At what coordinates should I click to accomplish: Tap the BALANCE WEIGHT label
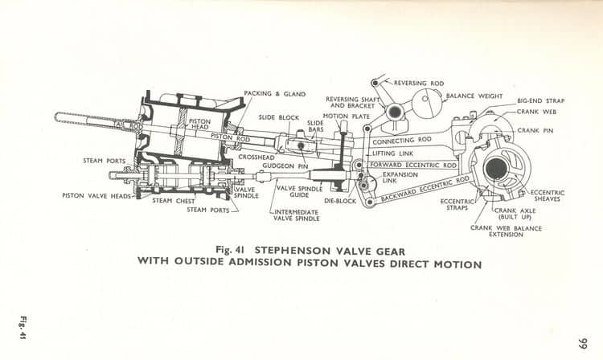click(474, 96)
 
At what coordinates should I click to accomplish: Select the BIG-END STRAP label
click(540, 101)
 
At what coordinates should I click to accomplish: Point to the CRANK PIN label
click(539, 130)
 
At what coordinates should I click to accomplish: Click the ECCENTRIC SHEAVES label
click(547, 195)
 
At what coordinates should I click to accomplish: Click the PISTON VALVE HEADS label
click(96, 195)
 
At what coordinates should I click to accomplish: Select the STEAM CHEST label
click(171, 200)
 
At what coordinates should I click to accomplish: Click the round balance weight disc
click(426, 103)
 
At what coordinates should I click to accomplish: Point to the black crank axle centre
click(496, 168)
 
